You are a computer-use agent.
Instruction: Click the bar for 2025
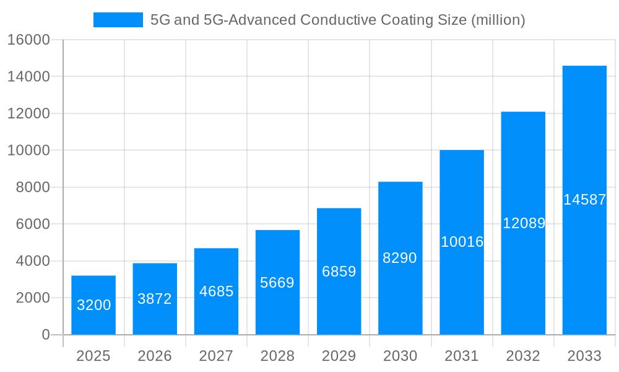click(x=93, y=305)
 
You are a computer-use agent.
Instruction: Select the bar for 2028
click(x=277, y=282)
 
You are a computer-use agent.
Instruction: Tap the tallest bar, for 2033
click(x=584, y=200)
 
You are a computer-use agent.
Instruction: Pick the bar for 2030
click(x=400, y=258)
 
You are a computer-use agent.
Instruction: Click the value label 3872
click(x=155, y=299)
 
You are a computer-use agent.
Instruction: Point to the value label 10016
click(x=462, y=242)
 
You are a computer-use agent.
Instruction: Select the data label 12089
click(x=523, y=223)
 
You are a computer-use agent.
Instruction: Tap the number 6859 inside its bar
click(x=339, y=272)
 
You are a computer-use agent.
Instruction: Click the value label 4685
click(x=216, y=291)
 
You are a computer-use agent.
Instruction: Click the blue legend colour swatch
click(x=118, y=20)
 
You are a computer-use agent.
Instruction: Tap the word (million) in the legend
click(x=498, y=20)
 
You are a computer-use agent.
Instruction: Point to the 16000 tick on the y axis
click(x=28, y=40)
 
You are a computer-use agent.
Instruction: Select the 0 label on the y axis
click(x=45, y=335)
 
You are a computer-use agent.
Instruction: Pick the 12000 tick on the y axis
click(x=28, y=113)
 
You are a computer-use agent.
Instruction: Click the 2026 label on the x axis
click(x=155, y=356)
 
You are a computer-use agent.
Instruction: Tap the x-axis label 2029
click(x=339, y=356)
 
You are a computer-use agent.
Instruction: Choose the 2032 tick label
click(x=523, y=356)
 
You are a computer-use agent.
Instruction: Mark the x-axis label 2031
click(x=462, y=356)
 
